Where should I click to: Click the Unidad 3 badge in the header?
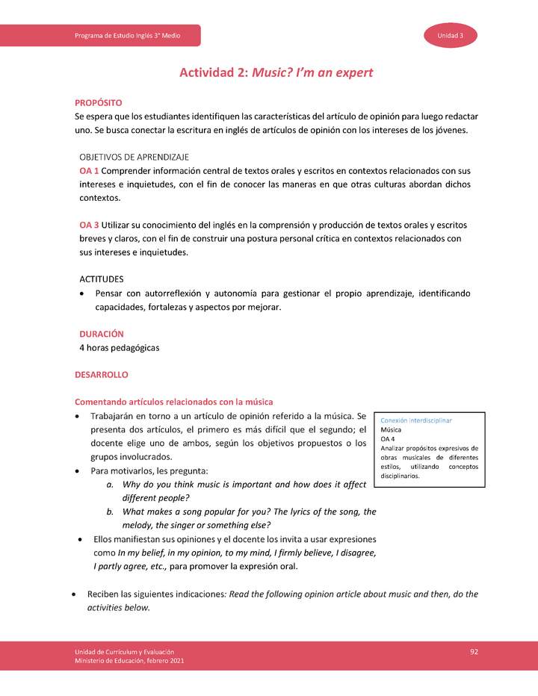[x=451, y=36]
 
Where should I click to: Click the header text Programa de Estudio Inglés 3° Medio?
[x=127, y=36]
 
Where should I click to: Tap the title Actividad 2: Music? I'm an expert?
[x=276, y=72]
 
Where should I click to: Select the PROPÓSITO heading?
[x=98, y=102]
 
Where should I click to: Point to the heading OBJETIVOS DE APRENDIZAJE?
[x=134, y=157]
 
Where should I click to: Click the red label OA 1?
[x=90, y=171]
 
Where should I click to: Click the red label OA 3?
[x=90, y=225]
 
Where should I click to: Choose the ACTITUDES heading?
[x=102, y=279]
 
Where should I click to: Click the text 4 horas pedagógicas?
[x=119, y=347]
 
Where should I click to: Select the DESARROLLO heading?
[x=102, y=374]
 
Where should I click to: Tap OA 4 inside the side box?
[x=389, y=440]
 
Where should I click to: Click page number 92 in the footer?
[x=474, y=652]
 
